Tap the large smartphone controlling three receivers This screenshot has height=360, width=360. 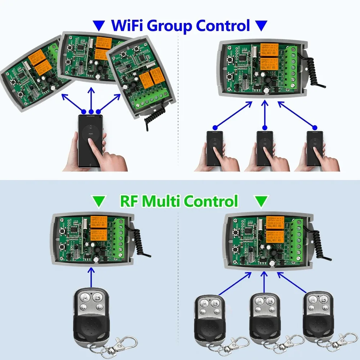tap(89, 140)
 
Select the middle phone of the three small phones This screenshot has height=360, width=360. tap(265, 148)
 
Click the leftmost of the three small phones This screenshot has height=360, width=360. tap(215, 148)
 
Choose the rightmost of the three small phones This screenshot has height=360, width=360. tap(314, 148)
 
